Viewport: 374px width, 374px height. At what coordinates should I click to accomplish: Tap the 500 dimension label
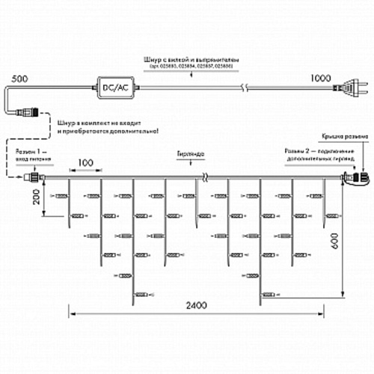click(x=19, y=78)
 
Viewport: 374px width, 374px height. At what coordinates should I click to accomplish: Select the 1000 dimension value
click(x=320, y=78)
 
